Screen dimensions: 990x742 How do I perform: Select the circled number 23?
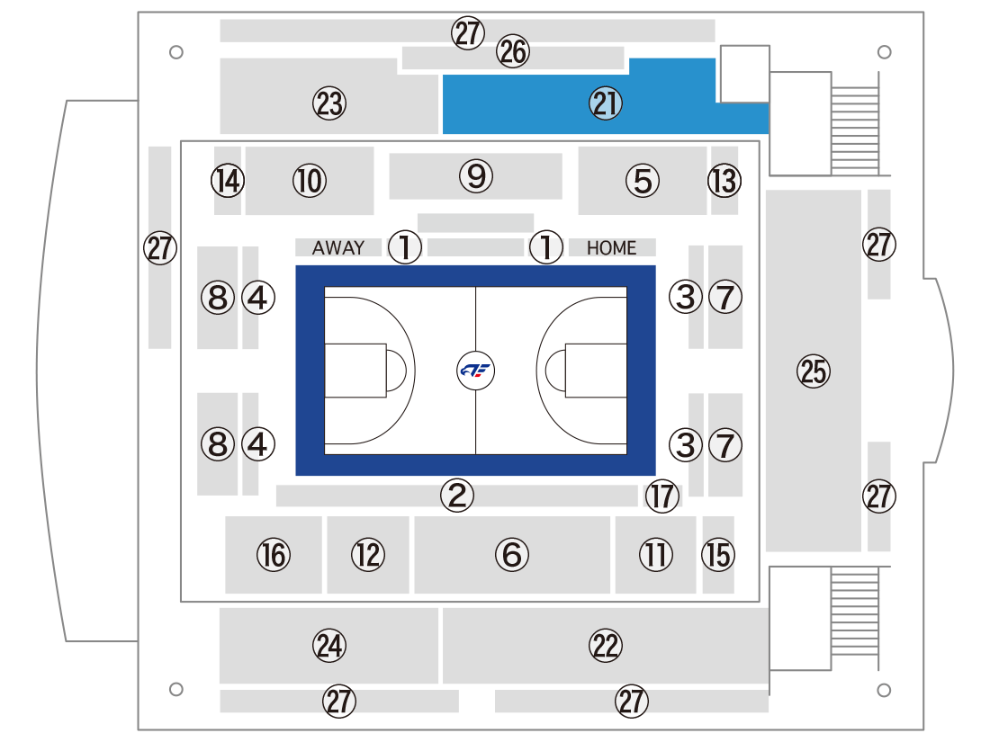tap(329, 103)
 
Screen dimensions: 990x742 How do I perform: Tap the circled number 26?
tap(513, 51)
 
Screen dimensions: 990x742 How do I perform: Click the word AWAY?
tap(338, 247)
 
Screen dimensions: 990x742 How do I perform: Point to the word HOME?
tap(611, 248)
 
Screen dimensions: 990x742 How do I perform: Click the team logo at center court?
tap(475, 371)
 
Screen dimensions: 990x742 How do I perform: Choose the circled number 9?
tap(476, 176)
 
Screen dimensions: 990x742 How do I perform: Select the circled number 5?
tap(643, 181)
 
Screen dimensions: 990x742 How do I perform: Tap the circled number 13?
tap(724, 181)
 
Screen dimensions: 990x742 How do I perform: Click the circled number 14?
tap(228, 181)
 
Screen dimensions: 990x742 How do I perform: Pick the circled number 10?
tap(310, 181)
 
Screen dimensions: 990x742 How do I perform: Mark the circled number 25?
tap(814, 371)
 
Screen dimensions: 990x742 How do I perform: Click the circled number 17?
tap(662, 496)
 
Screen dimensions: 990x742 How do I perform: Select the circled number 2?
tap(457, 496)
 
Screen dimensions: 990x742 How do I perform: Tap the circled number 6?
tap(512, 555)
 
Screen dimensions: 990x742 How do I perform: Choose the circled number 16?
tap(274, 555)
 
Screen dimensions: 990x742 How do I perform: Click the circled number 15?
tap(718, 555)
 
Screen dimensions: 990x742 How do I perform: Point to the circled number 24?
tap(329, 646)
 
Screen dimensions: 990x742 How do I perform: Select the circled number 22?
tap(606, 646)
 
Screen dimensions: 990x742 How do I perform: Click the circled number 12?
tap(368, 555)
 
